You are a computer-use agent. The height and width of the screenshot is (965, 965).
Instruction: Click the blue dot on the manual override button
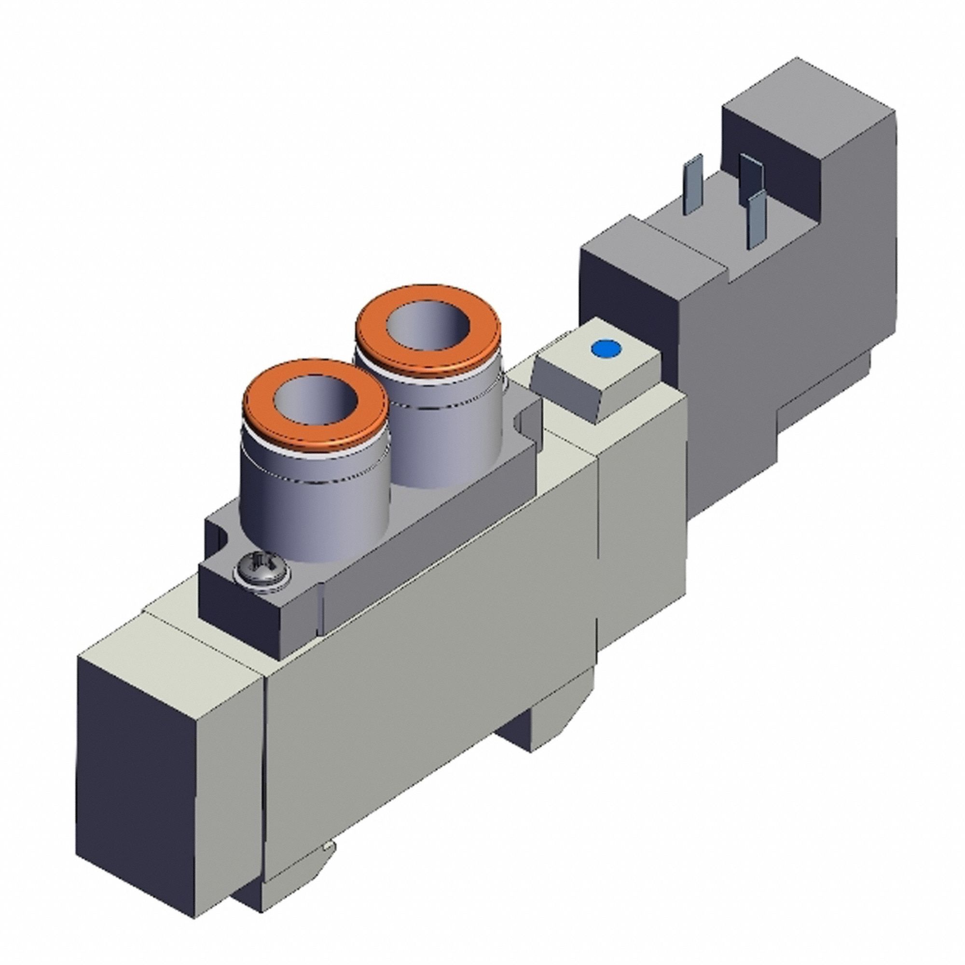605,348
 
